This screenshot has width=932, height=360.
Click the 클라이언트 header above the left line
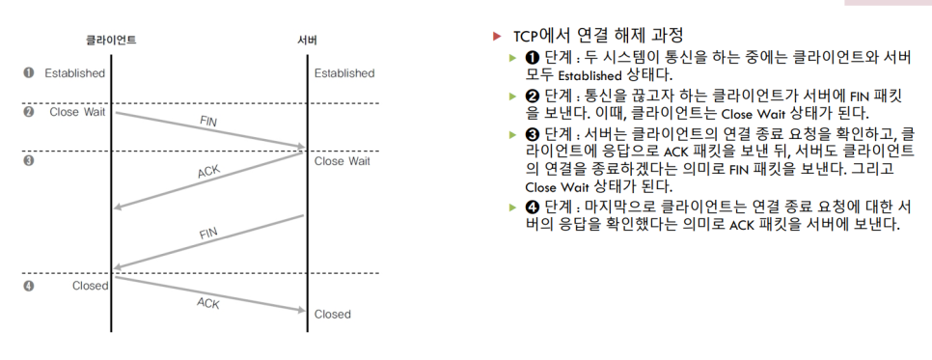click(x=111, y=41)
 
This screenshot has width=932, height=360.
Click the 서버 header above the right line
click(x=307, y=42)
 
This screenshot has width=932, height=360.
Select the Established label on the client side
click(x=75, y=73)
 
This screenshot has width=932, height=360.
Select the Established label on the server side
click(x=344, y=73)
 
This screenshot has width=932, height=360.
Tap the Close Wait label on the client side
click(x=77, y=112)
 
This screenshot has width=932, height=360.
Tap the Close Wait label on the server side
click(x=343, y=161)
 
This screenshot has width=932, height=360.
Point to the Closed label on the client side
click(x=91, y=286)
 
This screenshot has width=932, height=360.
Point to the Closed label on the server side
click(x=333, y=315)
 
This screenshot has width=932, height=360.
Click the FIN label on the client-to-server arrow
click(x=208, y=121)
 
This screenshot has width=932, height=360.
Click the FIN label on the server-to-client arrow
click(x=208, y=233)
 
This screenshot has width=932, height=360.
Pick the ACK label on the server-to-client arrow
click(x=208, y=172)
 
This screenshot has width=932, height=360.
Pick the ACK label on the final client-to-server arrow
click(x=208, y=303)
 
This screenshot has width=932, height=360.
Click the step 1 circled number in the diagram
click(x=29, y=72)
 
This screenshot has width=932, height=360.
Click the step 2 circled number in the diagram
click(x=29, y=112)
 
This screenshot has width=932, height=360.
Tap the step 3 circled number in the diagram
click(x=29, y=161)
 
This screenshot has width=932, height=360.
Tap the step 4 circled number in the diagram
click(x=29, y=286)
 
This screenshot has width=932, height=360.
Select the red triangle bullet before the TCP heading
click(x=498, y=37)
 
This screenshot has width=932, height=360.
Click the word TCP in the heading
click(x=525, y=37)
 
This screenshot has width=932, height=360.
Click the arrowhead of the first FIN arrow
click(x=301, y=147)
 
